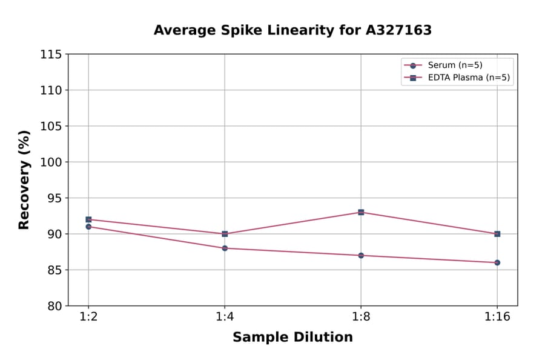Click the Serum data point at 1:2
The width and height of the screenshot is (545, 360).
coord(88,227)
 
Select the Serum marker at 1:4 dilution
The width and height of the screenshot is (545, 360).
coord(225,248)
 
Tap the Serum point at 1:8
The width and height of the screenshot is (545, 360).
coord(361,255)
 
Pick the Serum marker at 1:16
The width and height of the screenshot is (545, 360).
coord(497,262)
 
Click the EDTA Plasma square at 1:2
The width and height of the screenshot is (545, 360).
coord(88,219)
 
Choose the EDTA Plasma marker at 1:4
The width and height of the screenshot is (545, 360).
coord(225,234)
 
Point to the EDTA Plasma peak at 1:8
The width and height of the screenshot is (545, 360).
coord(361,212)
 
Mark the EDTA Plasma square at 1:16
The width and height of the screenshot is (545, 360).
coord(497,234)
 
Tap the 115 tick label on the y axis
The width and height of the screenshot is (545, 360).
coord(51,55)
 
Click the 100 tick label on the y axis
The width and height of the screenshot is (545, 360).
coord(51,162)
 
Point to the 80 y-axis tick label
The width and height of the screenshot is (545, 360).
coord(54,306)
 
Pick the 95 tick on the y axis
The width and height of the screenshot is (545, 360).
coord(54,198)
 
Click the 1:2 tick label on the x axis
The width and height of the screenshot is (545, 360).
coord(88,318)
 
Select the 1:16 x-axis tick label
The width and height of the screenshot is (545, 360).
coord(497,318)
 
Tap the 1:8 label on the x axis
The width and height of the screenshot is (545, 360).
coord(361,318)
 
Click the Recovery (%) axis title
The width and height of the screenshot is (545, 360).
coord(24,179)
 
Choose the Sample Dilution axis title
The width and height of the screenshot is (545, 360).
coord(292,338)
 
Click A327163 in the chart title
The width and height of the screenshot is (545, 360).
coord(398,30)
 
